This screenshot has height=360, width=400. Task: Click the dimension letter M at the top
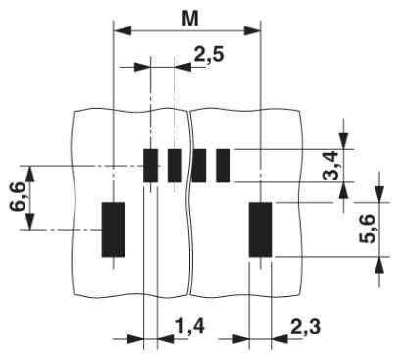coord(190,19)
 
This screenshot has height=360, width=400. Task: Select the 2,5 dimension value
coord(209,54)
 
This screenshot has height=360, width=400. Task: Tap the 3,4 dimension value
coord(330,166)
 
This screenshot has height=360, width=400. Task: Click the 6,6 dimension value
coord(18,197)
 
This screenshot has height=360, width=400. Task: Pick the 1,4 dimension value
coord(190,326)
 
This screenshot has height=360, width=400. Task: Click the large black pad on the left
coord(113,230)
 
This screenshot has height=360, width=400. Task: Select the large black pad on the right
coord(260,230)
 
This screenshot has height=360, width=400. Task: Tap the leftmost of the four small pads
coord(151,166)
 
